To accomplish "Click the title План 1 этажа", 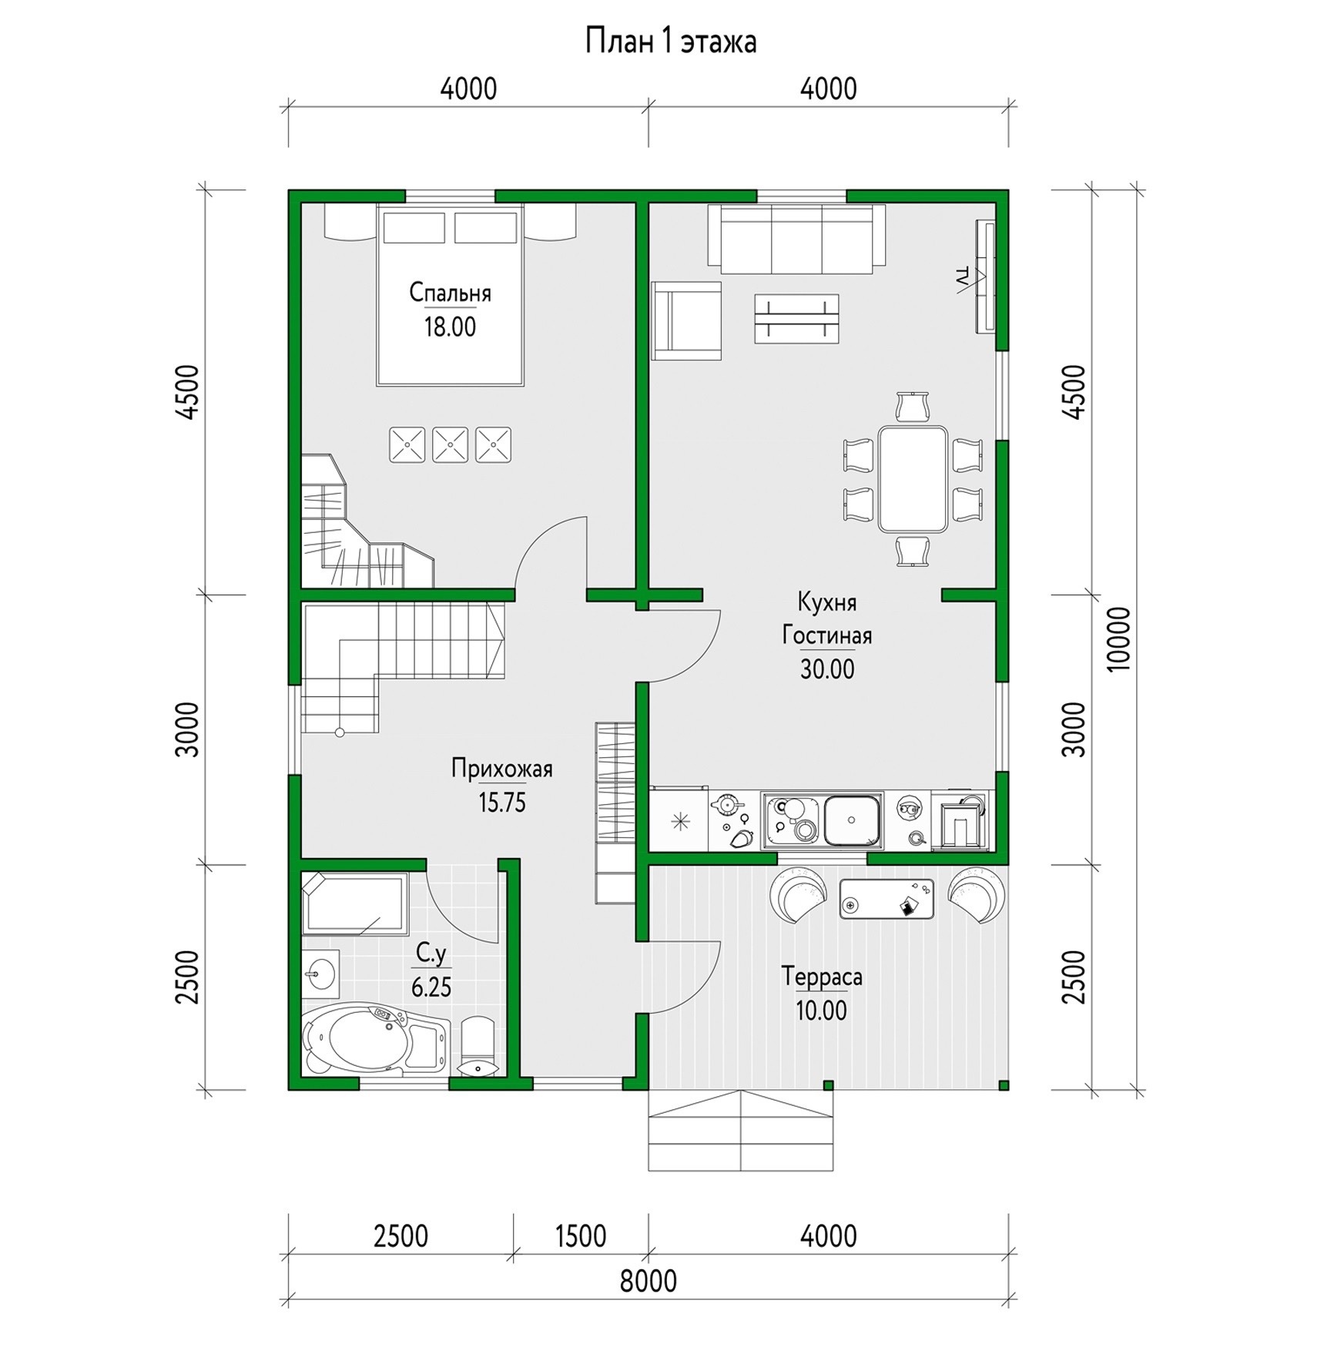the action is pyautogui.click(x=670, y=42).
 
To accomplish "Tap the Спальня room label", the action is pyautogui.click(x=450, y=293).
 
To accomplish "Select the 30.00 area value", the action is pyautogui.click(x=827, y=669).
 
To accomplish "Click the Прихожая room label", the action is pyautogui.click(x=502, y=769).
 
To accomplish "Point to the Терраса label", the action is pyautogui.click(x=822, y=977).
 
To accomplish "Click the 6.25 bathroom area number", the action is pyautogui.click(x=431, y=987).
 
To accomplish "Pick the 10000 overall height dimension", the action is pyautogui.click(x=1119, y=639).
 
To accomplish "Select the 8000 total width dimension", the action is pyautogui.click(x=648, y=1281).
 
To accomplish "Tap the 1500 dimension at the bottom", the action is pyautogui.click(x=581, y=1236).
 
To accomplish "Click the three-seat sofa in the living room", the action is pyautogui.click(x=796, y=239).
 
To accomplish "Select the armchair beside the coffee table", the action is pyautogui.click(x=686, y=320).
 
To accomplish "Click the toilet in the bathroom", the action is pyautogui.click(x=478, y=1045).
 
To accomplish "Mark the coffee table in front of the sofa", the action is pyautogui.click(x=796, y=318).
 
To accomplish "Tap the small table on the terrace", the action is pyautogui.click(x=887, y=899).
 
